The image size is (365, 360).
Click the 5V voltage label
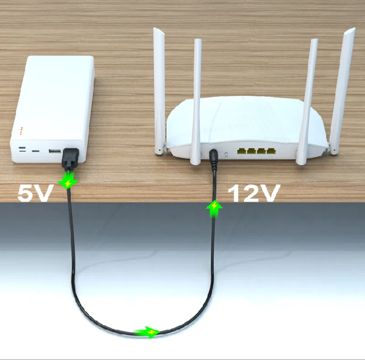34,193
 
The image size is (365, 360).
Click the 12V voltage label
254,193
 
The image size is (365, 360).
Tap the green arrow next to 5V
68,180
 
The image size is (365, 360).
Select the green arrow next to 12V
214,209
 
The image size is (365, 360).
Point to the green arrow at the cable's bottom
148,332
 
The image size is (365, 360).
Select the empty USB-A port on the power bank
54,151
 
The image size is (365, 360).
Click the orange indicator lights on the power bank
21,131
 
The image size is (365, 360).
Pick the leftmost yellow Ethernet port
241,151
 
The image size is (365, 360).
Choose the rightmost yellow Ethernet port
271,151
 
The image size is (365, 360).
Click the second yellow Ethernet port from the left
251,151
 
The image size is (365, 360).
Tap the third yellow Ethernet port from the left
261,151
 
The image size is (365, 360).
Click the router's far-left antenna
160,91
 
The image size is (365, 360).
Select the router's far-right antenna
342,91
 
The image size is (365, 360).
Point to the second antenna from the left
196,102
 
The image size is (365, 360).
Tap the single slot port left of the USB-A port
35,151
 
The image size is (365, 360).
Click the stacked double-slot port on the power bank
22,149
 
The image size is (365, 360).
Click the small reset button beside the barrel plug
226,154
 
